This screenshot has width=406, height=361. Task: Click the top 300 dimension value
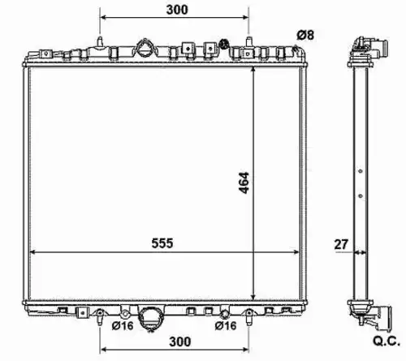coord(177,10)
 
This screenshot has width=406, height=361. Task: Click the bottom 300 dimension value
coord(180,342)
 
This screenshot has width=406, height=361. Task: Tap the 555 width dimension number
coord(162,243)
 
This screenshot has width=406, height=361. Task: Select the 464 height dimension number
coord(244,183)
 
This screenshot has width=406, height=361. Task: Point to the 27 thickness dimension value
coord(341,244)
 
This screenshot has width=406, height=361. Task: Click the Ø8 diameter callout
coord(305,35)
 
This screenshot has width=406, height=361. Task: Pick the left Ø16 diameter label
coord(123,326)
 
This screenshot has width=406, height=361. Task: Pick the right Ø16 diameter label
coord(226,326)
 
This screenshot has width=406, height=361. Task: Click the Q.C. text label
coord(387,342)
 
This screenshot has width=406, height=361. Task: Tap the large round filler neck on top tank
coord(145,48)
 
